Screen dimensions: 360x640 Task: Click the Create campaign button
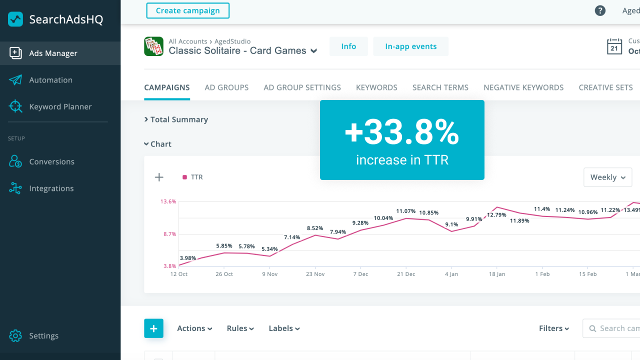point(187,10)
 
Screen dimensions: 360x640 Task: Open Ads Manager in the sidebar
point(53,53)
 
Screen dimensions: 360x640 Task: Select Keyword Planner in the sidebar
point(60,106)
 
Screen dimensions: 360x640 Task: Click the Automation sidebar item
point(50,80)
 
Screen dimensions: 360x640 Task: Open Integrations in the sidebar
point(51,188)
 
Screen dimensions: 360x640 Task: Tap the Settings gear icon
point(15,335)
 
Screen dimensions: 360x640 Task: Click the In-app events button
point(410,46)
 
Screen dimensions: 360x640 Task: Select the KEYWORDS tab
point(376,87)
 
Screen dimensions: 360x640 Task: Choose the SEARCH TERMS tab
point(440,87)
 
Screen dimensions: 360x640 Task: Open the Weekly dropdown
point(607,177)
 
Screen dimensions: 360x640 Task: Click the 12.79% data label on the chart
point(496,215)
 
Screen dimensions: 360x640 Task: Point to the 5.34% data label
point(269,249)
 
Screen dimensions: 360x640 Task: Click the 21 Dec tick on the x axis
point(406,274)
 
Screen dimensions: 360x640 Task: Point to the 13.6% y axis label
point(168,201)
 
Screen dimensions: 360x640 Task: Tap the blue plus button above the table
point(153,328)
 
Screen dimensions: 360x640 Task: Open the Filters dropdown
point(554,328)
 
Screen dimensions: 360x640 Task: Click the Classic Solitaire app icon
point(153,46)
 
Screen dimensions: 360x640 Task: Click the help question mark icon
point(600,10)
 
